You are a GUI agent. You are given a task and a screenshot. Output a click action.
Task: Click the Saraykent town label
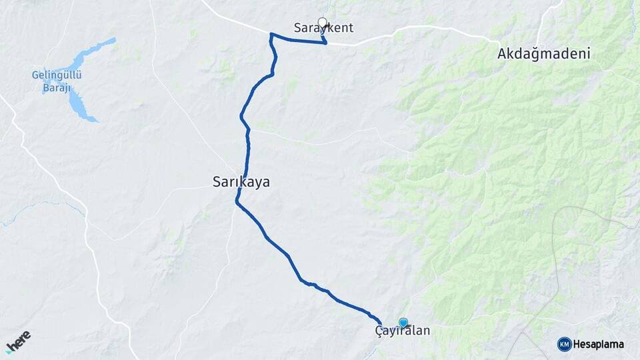323,28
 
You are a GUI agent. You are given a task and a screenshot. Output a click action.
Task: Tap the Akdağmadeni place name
543,54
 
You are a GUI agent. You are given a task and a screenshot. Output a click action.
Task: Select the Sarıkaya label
241,181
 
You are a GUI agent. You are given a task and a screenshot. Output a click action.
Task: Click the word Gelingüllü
57,75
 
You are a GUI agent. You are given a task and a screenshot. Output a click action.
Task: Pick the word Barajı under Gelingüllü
57,87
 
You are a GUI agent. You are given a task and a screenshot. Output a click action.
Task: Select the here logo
19,341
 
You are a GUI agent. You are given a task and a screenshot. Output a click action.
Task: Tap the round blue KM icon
564,344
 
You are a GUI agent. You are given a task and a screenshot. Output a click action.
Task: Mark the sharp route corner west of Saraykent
271,34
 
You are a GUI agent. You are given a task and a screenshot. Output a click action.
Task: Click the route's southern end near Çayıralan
380,325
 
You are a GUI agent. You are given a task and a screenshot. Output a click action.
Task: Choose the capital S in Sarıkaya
216,181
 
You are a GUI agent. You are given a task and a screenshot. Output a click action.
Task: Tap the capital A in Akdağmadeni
502,54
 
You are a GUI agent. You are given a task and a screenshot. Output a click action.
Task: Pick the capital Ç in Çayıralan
379,331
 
